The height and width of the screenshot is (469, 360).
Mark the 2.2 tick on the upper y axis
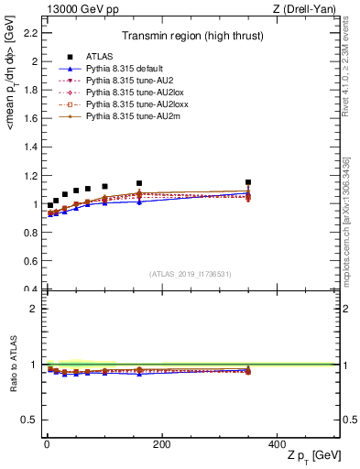pos(30,33)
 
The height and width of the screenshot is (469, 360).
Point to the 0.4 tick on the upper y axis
pos(30,289)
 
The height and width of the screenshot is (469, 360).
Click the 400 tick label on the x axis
pos(278,445)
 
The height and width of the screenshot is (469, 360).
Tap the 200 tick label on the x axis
pos(162,445)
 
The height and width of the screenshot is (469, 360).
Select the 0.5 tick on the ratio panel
pos(30,420)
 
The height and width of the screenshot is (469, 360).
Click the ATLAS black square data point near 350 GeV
pos(247,182)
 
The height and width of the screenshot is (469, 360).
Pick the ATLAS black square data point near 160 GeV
pos(139,183)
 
